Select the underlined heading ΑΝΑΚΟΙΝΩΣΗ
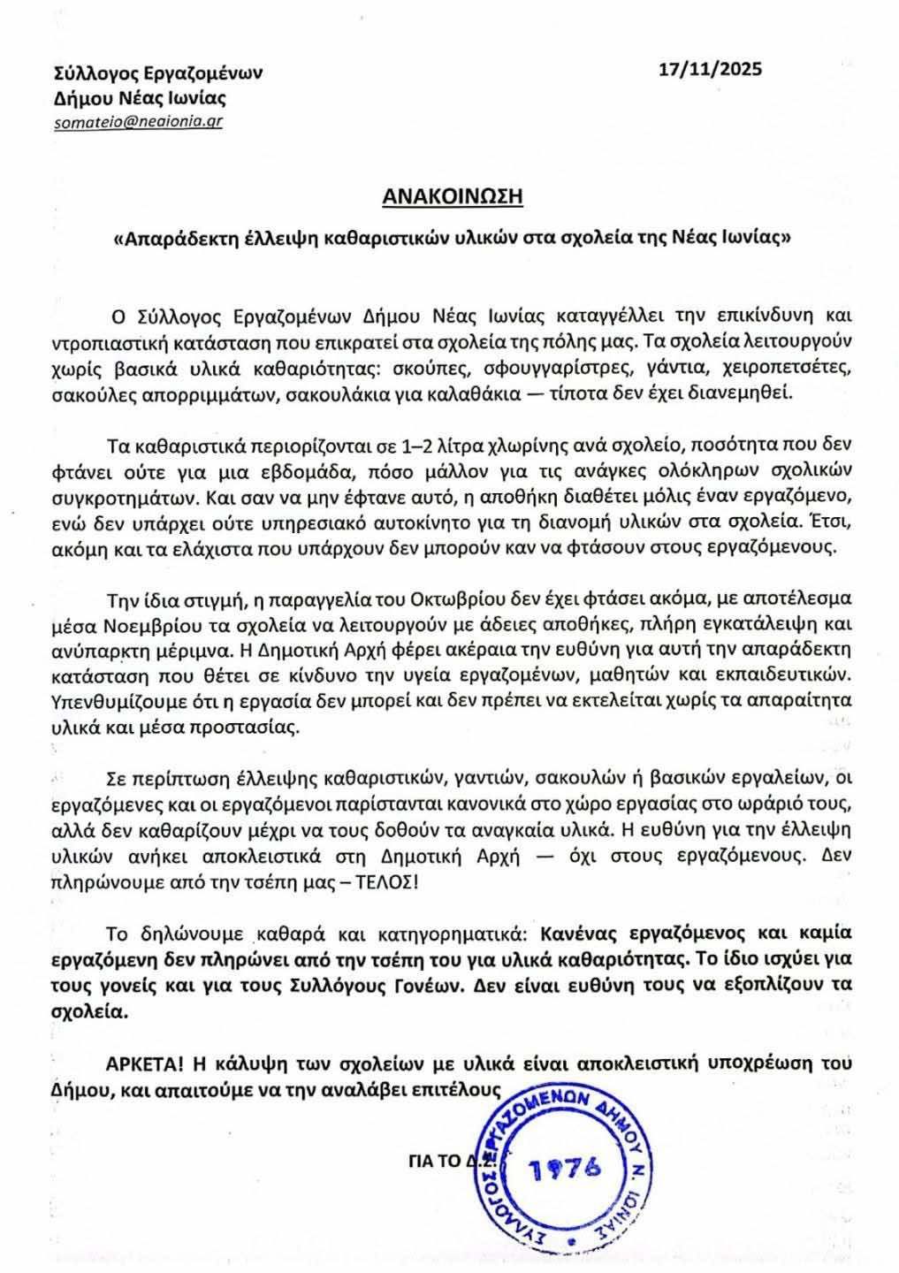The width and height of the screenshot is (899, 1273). tap(452, 196)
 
